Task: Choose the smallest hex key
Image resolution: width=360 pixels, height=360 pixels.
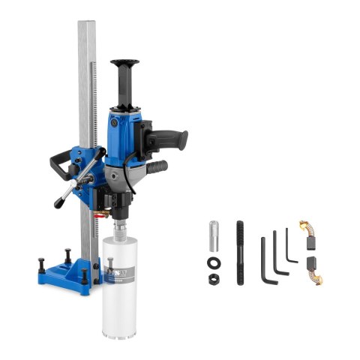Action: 289,247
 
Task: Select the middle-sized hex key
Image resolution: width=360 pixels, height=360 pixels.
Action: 278,253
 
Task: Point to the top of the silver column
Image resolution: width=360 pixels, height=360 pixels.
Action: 88,26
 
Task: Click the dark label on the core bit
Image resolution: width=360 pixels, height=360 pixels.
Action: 120,269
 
